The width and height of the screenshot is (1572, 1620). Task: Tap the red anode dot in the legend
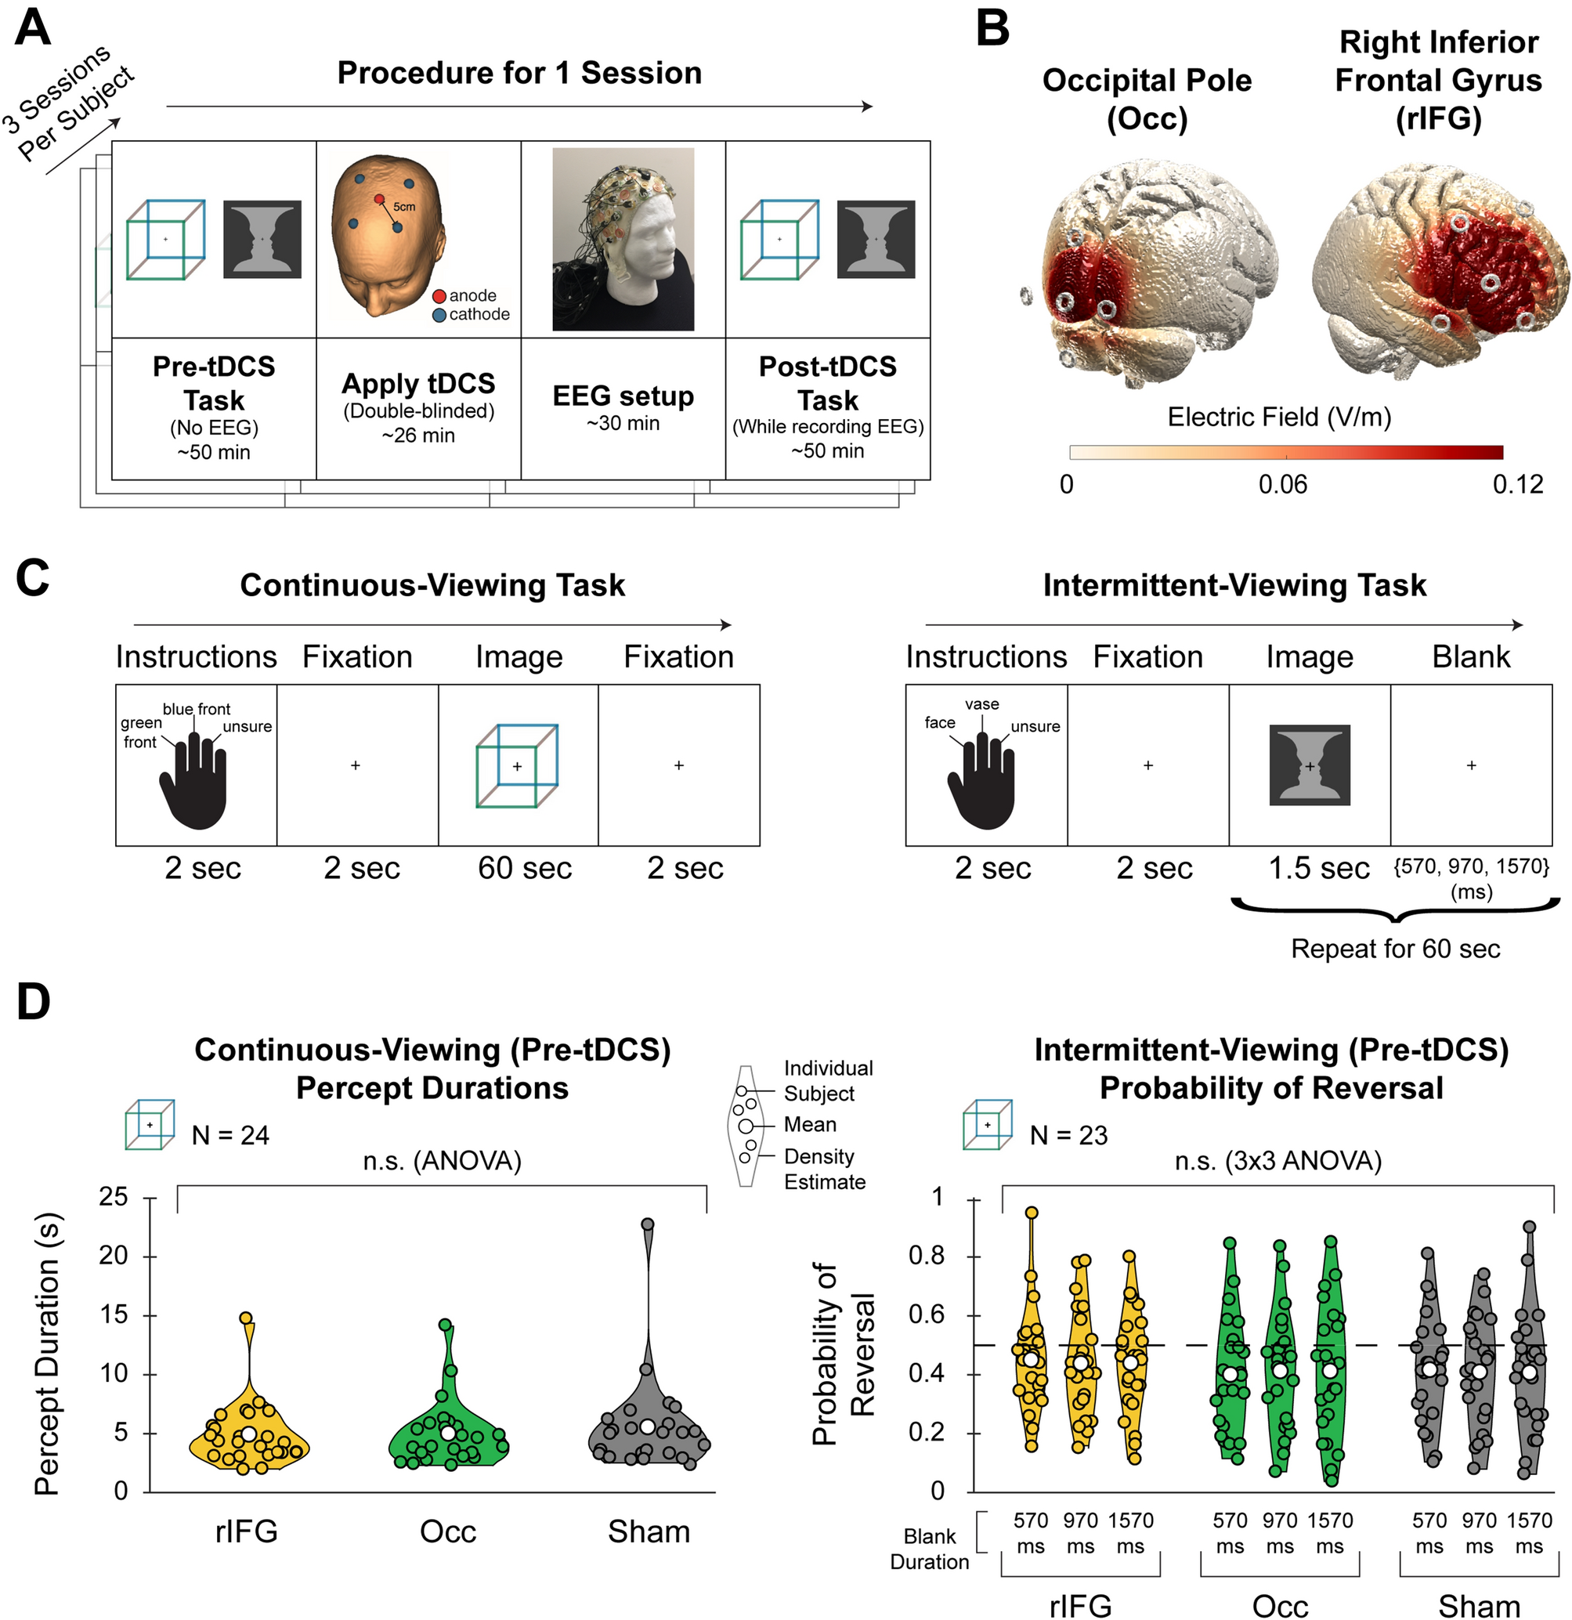[x=439, y=296]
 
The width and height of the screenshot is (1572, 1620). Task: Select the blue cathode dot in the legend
[x=439, y=315]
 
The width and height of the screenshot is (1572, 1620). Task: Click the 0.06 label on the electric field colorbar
[x=1283, y=484]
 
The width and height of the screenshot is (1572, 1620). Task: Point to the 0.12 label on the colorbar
[x=1517, y=484]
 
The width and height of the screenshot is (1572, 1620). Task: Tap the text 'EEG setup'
[x=623, y=396]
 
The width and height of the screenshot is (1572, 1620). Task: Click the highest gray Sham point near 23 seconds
[x=648, y=1224]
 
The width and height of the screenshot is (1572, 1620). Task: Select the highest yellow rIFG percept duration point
[x=246, y=1318]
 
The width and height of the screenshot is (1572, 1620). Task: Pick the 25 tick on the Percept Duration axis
[x=114, y=1197]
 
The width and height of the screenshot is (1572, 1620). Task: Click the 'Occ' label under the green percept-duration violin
[x=448, y=1531]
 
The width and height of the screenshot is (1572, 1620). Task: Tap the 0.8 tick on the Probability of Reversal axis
[x=927, y=1256]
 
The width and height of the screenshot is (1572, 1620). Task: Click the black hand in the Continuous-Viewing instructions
[x=193, y=785]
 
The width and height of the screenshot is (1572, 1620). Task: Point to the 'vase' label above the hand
[x=982, y=704]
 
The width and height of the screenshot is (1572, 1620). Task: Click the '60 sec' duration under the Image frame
[x=525, y=868]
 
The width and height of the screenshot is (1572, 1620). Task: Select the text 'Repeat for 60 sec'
[x=1395, y=948]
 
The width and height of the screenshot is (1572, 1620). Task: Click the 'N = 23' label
[x=1068, y=1136]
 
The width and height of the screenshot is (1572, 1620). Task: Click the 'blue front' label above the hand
[x=196, y=709]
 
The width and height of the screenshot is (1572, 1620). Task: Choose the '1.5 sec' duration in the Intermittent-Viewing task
[x=1319, y=868]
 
